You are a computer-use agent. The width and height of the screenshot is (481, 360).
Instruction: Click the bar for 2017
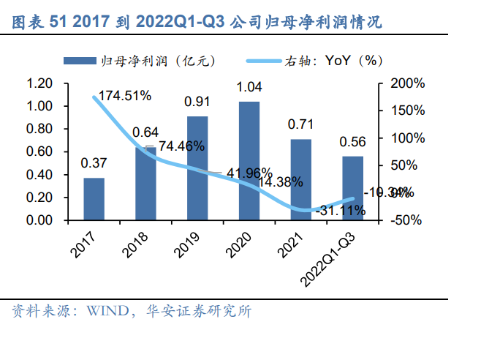(x=94, y=198)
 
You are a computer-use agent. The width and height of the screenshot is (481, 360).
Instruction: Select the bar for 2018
(x=145, y=183)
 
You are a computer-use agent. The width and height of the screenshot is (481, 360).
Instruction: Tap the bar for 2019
(x=197, y=168)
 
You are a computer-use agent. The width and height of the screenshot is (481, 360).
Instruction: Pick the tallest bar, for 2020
(x=249, y=160)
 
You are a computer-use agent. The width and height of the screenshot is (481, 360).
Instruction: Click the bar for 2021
(x=301, y=179)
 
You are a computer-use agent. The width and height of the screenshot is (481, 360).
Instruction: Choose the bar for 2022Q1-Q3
(x=353, y=188)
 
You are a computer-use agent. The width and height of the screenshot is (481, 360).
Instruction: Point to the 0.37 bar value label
(x=93, y=163)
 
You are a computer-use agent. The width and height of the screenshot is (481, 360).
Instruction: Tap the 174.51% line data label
(x=126, y=96)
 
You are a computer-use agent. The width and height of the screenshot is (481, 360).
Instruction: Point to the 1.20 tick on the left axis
(x=39, y=83)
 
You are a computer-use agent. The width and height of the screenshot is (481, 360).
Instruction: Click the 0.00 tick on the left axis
(x=39, y=220)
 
